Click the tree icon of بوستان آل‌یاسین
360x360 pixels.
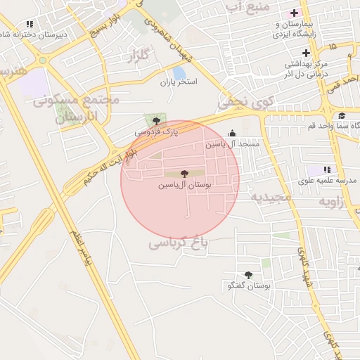[x=184, y=173]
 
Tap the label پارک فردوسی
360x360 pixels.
[x=157, y=131]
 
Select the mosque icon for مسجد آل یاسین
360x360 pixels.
[x=233, y=134]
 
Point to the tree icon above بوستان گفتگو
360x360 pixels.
[x=248, y=275]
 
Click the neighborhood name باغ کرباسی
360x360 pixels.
[x=179, y=243]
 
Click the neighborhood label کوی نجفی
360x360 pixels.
[x=243, y=102]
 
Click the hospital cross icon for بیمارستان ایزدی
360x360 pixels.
[x=295, y=13]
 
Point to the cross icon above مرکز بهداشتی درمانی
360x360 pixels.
[x=306, y=53]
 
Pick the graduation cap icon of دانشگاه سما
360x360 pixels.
[x=342, y=116]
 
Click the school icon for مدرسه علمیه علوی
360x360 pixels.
[x=326, y=169]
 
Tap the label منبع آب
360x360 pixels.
[x=245, y=6]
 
